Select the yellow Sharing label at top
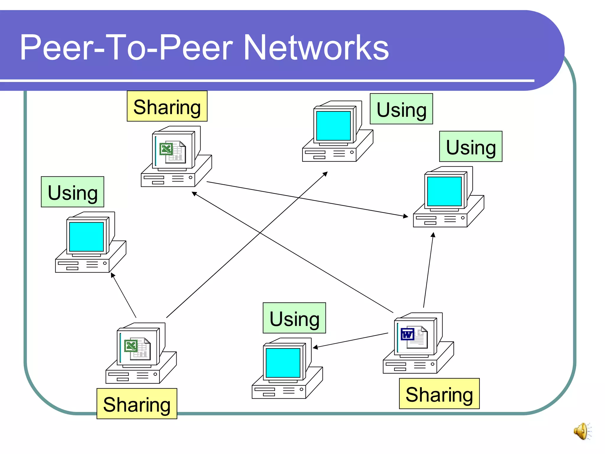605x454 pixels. [x=167, y=106]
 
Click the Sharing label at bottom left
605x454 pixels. [x=137, y=404]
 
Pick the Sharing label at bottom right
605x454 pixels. [x=439, y=394]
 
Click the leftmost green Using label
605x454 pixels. [x=73, y=192]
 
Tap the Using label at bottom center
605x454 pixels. [x=295, y=318]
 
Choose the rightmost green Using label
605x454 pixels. [x=471, y=147]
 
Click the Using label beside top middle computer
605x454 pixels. [x=401, y=109]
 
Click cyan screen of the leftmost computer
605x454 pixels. [x=87, y=236]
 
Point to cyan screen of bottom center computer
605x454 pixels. [x=283, y=363]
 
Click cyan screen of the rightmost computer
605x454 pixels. [x=444, y=191]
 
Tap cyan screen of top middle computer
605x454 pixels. [x=334, y=126]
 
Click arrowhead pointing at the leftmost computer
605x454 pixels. [x=113, y=275]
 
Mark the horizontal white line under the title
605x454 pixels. [x=266, y=80]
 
